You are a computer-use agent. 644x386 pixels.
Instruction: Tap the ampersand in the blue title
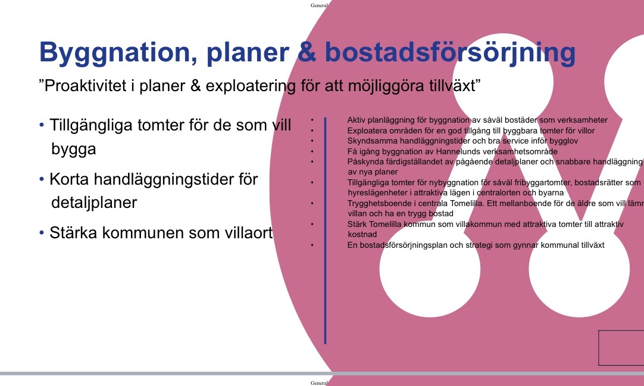[307, 52]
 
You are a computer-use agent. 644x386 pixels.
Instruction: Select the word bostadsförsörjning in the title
[450, 52]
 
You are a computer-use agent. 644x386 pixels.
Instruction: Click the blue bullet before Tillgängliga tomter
[42, 124]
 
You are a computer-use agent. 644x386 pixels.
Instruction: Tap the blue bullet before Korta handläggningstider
[42, 179]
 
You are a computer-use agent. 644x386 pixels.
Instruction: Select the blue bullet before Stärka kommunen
[42, 233]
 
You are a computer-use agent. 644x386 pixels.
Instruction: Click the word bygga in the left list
[74, 150]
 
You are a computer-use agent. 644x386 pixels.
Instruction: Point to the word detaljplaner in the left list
[94, 203]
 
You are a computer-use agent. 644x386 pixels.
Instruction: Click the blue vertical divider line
[326, 231]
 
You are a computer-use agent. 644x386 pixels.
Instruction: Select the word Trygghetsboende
[380, 204]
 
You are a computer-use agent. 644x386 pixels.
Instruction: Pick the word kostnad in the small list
[362, 234]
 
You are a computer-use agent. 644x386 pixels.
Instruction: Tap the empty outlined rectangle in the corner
[621, 347]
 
